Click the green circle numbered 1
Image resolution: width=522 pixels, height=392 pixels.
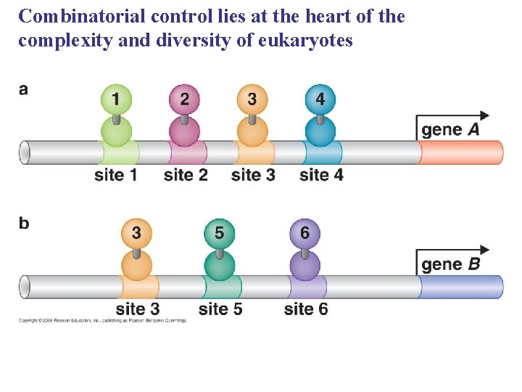tap(117, 99)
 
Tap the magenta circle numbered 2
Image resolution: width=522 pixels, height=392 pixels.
tap(184, 99)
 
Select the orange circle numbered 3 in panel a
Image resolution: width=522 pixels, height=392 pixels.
tap(252, 99)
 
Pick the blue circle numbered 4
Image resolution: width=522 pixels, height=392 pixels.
tap(320, 99)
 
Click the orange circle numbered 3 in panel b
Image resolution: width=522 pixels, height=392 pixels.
tap(136, 233)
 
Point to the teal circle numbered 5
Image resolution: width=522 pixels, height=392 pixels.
tap(220, 233)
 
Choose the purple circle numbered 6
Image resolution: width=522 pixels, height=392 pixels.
tap(304, 233)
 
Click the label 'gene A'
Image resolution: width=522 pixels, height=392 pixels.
tap(450, 130)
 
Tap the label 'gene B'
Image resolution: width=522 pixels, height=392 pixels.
tap(450, 264)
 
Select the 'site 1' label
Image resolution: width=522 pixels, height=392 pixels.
tap(116, 175)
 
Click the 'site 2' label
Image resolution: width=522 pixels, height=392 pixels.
tap(186, 175)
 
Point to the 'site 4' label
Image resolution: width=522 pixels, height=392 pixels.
tap(321, 175)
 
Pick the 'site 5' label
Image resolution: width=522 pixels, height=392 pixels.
tap(220, 309)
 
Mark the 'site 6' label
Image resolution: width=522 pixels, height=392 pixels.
tap(306, 309)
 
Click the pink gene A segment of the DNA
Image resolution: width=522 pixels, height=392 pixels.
tap(461, 152)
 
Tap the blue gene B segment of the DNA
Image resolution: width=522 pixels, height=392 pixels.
tap(461, 287)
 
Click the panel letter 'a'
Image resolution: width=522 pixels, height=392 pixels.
tap(24, 89)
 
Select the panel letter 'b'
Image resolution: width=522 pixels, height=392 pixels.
tap(24, 223)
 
